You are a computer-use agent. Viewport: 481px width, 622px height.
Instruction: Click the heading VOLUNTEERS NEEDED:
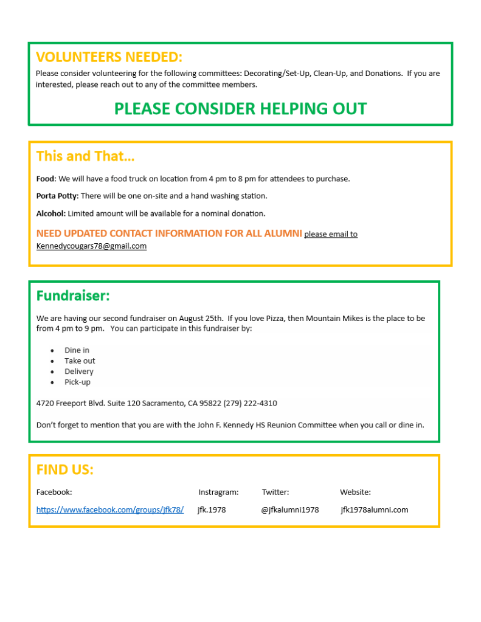tap(109, 57)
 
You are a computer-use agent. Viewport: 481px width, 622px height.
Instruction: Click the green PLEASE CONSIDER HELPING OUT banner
tap(240, 109)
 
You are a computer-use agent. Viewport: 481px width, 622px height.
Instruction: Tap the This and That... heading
tap(85, 156)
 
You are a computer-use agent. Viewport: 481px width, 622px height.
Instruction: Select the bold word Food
tap(46, 179)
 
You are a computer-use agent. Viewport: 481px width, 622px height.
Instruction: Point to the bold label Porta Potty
tap(57, 196)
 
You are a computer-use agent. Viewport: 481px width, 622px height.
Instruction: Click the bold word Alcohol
tap(50, 213)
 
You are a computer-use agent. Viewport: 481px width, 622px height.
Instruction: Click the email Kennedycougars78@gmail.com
tap(91, 246)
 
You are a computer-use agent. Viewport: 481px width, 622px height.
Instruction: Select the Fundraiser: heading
tap(73, 296)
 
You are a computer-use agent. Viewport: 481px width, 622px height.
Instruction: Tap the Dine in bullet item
tap(77, 350)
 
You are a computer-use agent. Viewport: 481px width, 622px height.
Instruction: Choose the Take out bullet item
tap(80, 361)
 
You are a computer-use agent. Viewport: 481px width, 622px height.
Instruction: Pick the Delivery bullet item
tap(79, 371)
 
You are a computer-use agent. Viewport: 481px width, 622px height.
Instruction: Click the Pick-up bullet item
tap(77, 382)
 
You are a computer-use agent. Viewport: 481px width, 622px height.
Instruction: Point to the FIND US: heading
tap(65, 470)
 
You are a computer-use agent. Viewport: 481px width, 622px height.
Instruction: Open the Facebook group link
tap(110, 510)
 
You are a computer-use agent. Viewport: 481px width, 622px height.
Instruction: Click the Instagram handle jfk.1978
tap(212, 510)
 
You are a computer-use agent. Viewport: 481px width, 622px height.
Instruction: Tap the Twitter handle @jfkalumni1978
tap(290, 510)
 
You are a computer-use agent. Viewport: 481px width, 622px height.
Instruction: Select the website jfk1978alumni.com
tap(374, 510)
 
